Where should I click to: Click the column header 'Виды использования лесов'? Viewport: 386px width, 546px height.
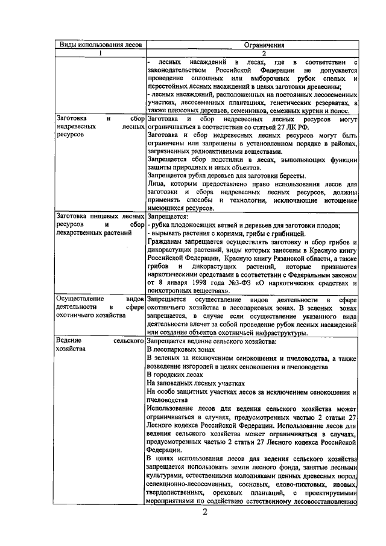pos(99,45)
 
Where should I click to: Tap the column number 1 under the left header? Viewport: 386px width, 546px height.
pos(100,53)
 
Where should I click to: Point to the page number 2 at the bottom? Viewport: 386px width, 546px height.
pos(204,513)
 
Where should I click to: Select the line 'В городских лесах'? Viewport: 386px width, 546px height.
pos(175,374)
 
